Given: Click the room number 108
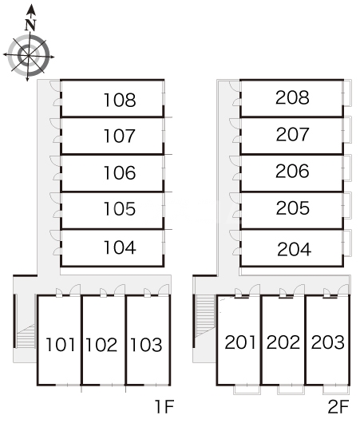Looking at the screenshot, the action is (x=120, y=100).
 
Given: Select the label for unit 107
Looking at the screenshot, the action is (x=119, y=136).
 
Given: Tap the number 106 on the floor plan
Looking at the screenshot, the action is (x=120, y=172).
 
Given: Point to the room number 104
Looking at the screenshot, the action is (x=120, y=247).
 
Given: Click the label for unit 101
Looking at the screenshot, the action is (x=61, y=345).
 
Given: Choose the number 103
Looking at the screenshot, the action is (x=146, y=345).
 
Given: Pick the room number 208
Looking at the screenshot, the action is (x=292, y=97).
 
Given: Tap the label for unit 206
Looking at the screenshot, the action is (x=292, y=171).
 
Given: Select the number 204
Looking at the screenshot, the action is (x=295, y=249).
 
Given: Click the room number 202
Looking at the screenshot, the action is (x=283, y=342).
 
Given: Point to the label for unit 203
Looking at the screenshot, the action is (x=327, y=342).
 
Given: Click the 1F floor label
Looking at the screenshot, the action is (x=164, y=406).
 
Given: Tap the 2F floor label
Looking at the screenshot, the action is (x=338, y=406).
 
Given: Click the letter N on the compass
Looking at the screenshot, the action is (x=30, y=25).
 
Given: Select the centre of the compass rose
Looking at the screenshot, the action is (x=29, y=56).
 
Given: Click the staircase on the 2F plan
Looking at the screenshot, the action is (x=205, y=315).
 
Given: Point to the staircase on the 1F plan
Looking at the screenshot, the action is (x=26, y=336).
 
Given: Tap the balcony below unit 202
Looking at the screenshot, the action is (x=291, y=389).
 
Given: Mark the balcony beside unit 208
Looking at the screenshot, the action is (x=347, y=93).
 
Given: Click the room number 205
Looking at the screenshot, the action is (x=292, y=208).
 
